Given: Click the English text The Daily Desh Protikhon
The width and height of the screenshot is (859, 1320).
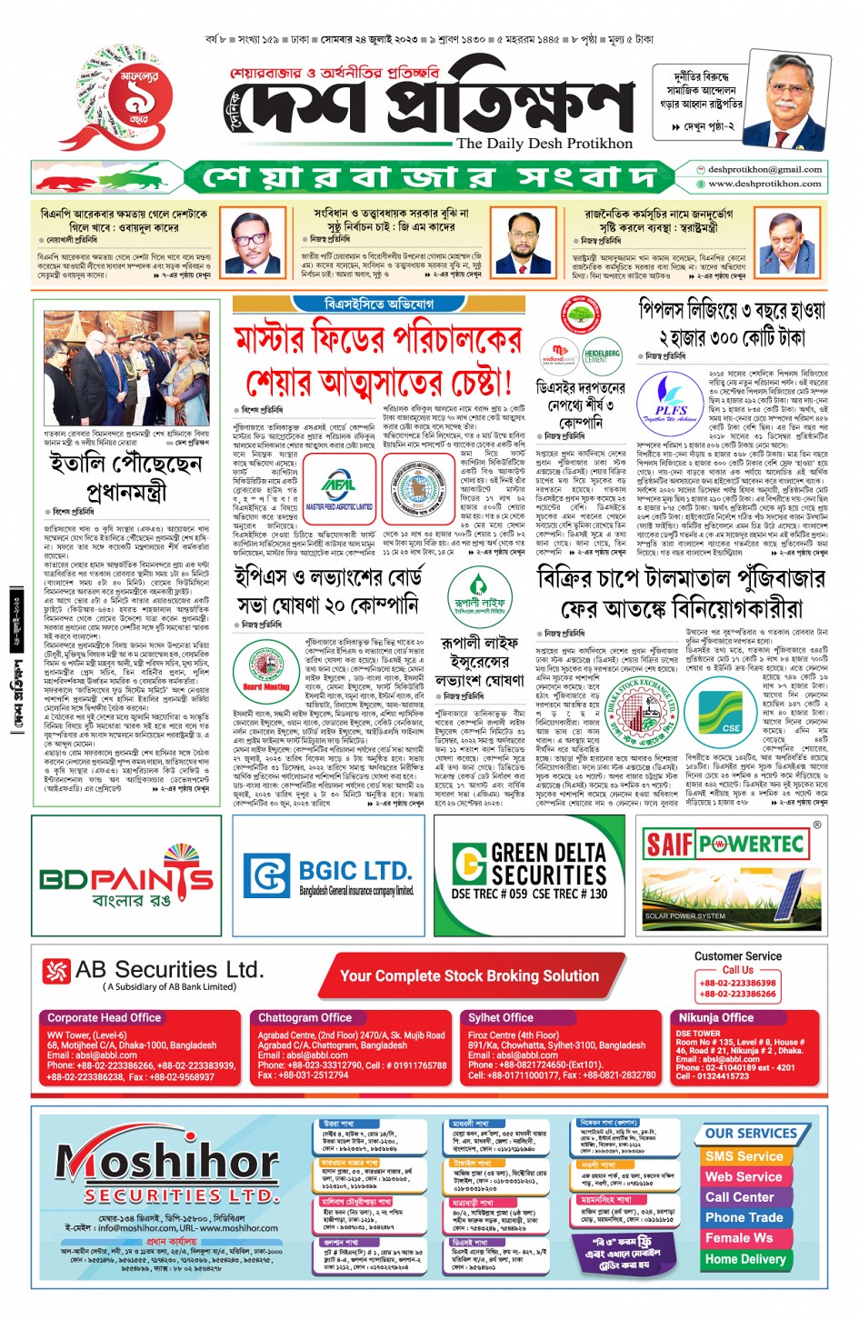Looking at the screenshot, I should tap(544, 144).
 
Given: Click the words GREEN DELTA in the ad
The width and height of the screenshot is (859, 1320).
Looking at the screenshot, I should tap(548, 853).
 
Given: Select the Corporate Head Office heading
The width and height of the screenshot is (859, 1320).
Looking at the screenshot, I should tap(104, 1018).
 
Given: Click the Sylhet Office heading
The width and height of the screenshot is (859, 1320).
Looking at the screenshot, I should tap(501, 1018).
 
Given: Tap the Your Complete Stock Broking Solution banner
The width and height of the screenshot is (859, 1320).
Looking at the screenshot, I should tap(469, 976).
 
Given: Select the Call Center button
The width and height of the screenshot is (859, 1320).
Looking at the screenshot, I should tap(739, 1197).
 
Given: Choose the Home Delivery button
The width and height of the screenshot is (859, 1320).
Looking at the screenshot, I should tap(744, 1259).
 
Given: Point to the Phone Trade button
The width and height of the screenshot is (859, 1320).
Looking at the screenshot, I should tap(744, 1217).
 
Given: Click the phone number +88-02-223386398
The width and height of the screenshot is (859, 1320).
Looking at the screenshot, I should tap(737, 983).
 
